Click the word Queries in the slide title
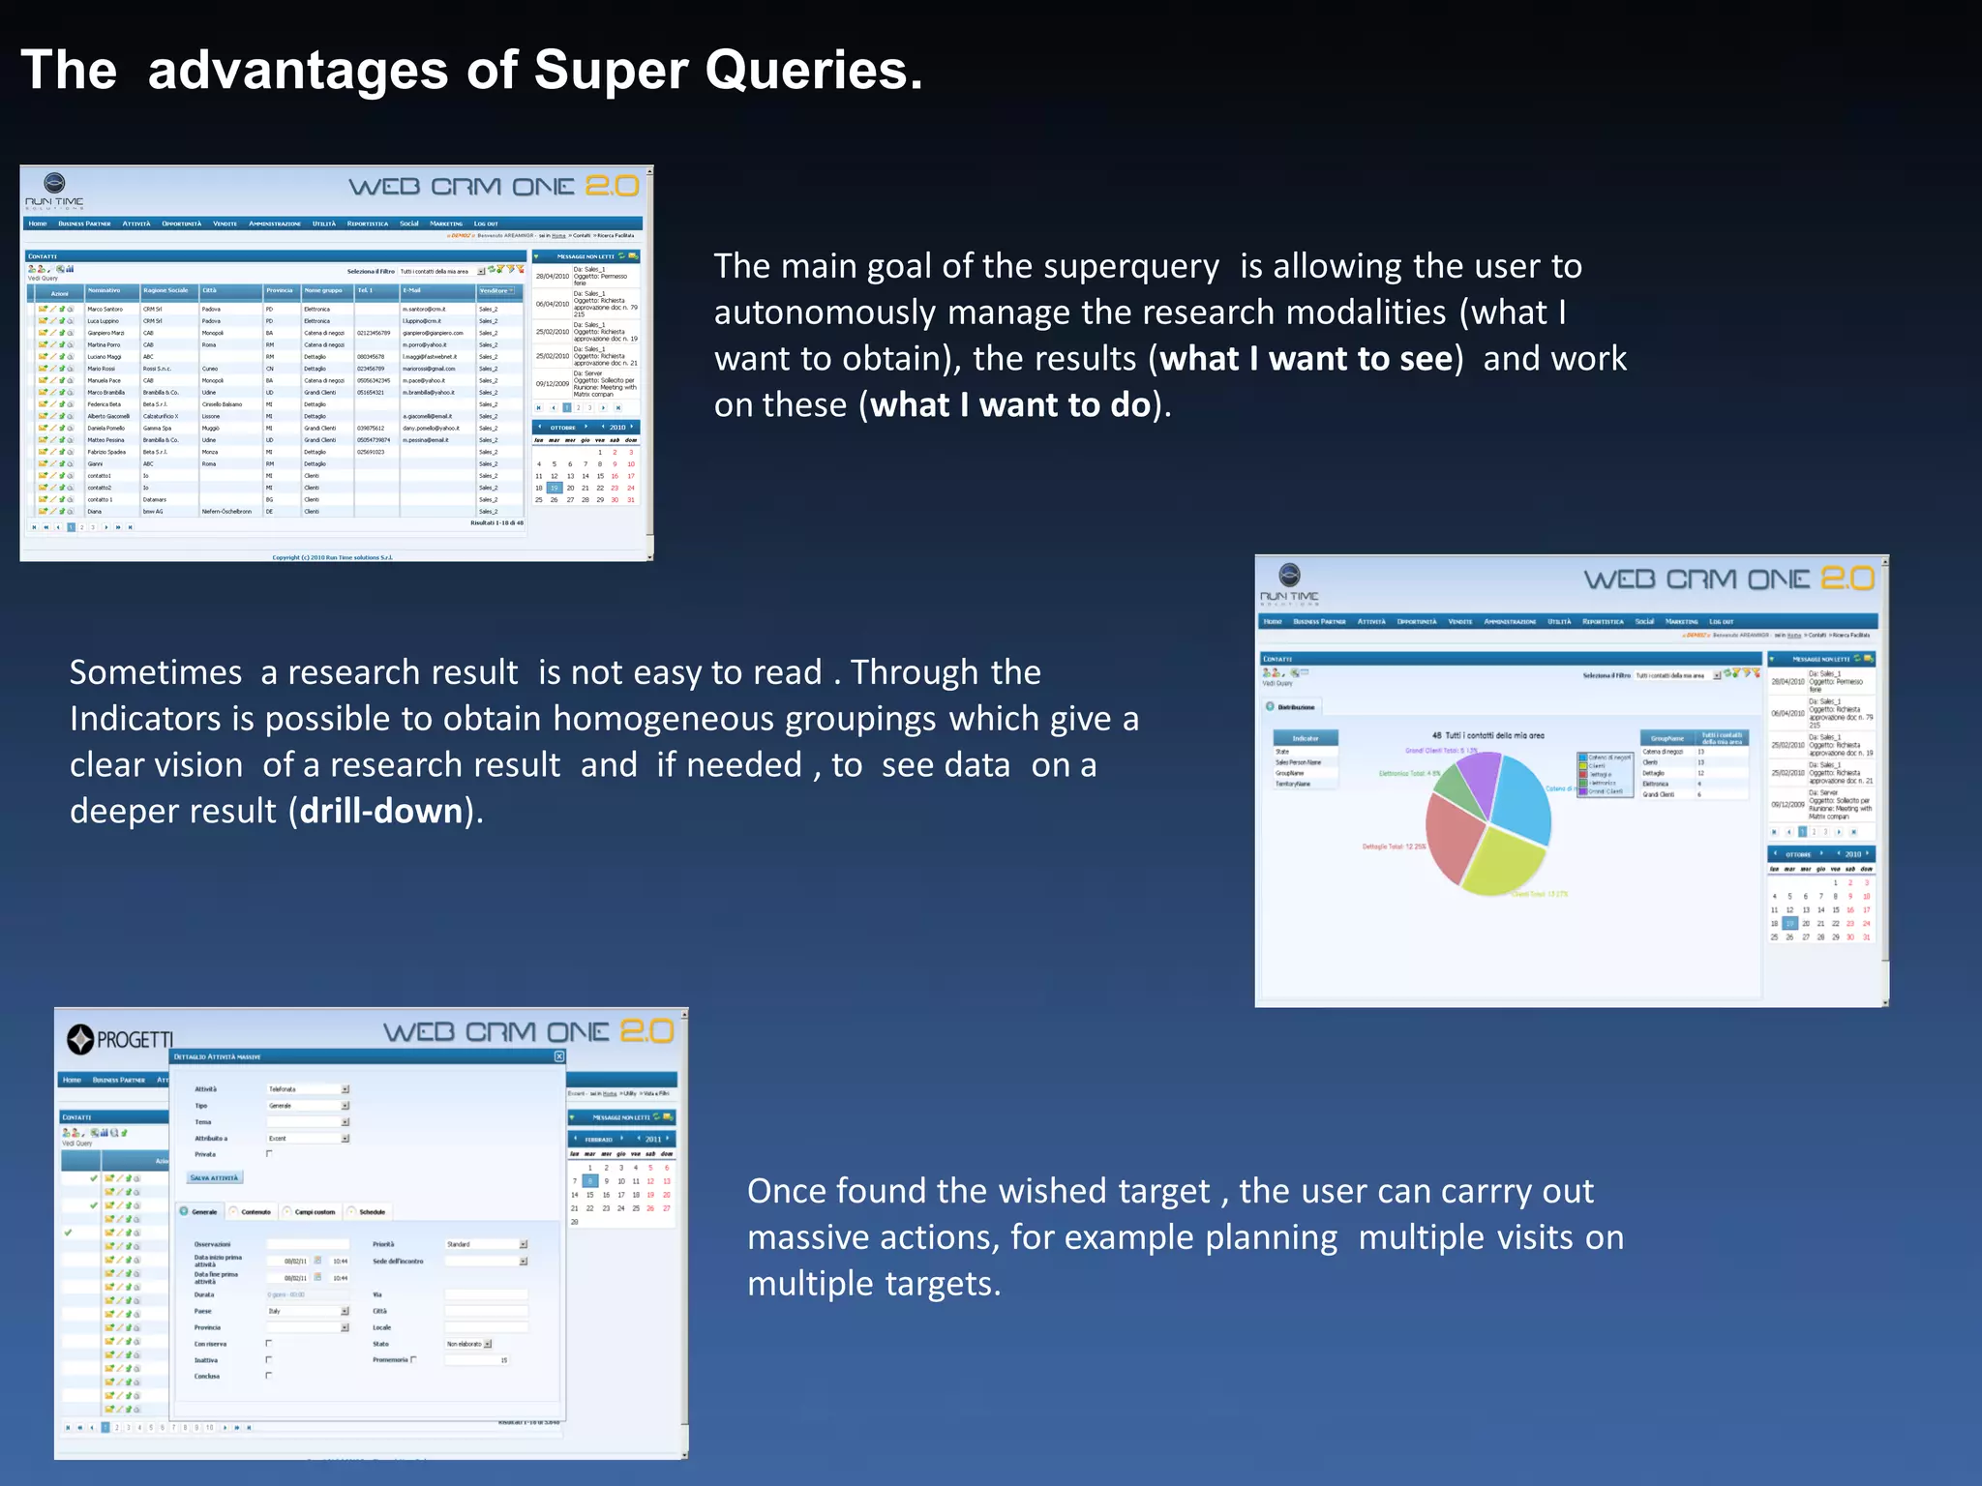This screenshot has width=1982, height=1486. click(x=813, y=71)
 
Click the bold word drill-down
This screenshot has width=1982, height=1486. click(x=380, y=811)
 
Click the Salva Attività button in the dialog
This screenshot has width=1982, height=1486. click(x=214, y=1177)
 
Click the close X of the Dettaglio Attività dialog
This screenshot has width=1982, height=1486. click(x=558, y=1056)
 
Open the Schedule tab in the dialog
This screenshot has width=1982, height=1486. click(x=371, y=1212)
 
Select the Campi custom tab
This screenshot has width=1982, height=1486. click(x=314, y=1212)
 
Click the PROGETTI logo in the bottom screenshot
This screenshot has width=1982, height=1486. click(x=121, y=1040)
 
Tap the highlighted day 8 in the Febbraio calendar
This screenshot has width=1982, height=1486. click(x=589, y=1181)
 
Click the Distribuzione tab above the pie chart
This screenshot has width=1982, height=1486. click(x=1295, y=707)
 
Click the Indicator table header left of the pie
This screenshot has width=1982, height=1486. click(x=1305, y=738)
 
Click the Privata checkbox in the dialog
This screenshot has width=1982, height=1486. click(x=269, y=1154)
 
